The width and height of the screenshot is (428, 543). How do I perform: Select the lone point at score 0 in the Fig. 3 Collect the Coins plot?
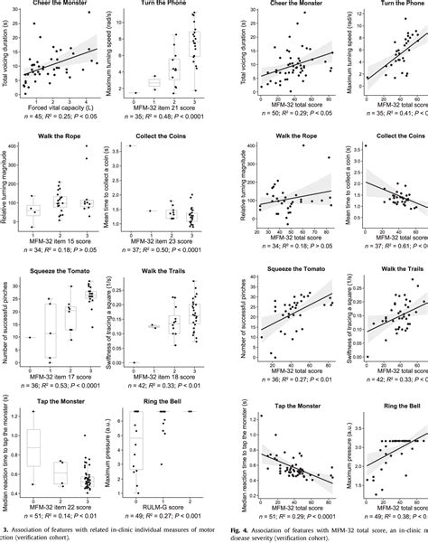click(133, 145)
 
